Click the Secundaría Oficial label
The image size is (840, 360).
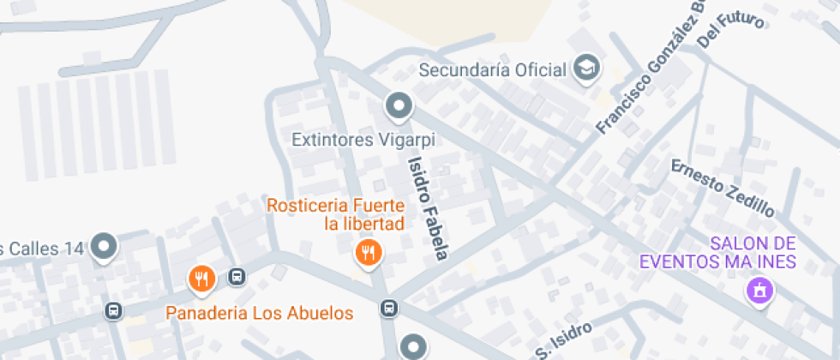tap(493, 70)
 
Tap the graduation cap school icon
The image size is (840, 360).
tap(587, 69)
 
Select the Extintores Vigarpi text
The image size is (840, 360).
tap(363, 139)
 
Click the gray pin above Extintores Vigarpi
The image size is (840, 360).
tap(399, 106)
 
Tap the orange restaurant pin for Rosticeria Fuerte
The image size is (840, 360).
tap(369, 252)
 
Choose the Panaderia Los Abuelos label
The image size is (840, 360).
tap(260, 313)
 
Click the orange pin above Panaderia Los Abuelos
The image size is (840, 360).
tap(201, 277)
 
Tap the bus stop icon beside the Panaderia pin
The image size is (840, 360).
tap(237, 277)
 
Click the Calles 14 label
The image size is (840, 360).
tap(43, 249)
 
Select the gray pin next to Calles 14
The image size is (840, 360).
tap(105, 247)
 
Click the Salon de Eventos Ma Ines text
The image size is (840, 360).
tap(718, 253)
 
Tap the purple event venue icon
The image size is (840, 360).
tap(759, 291)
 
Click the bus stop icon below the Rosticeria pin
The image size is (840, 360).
tap(389, 308)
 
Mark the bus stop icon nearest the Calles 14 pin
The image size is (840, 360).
tap(112, 310)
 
